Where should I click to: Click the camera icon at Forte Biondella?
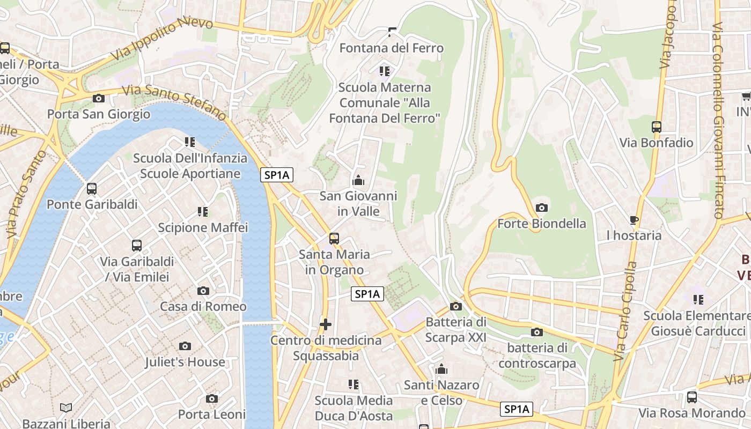[x=542, y=208]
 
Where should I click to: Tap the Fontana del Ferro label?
[x=392, y=48]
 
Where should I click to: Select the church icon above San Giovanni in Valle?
[x=358, y=180]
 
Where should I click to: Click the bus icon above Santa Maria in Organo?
[x=334, y=238]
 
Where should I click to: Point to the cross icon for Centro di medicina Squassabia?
[x=325, y=324]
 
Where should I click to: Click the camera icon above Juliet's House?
[x=185, y=346]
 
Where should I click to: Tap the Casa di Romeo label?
[x=203, y=307]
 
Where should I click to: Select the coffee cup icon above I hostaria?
[x=634, y=220]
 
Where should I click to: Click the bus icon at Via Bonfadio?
[x=657, y=127]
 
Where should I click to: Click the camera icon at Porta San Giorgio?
[x=98, y=98]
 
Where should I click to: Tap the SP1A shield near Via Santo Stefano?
[x=277, y=175]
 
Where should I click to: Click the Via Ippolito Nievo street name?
[x=162, y=40]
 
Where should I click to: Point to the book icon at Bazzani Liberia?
[x=66, y=408]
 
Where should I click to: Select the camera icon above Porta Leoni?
[x=212, y=398]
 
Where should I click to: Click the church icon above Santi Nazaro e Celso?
[x=441, y=369]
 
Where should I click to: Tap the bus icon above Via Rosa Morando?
[x=692, y=397]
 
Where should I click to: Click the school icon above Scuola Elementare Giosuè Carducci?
[x=698, y=300]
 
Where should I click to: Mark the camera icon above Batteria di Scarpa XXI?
[x=456, y=306]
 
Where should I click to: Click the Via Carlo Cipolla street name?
[x=625, y=311]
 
